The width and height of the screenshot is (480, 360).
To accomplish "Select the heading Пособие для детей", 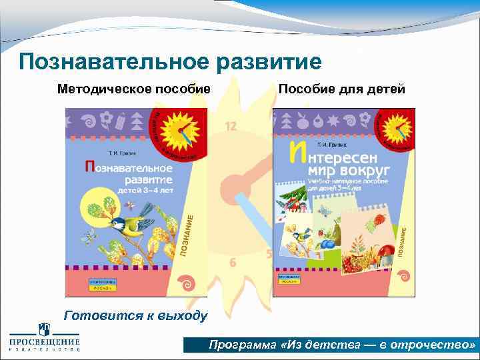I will point(341,89).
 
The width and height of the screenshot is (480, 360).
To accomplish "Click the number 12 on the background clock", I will point(231,125).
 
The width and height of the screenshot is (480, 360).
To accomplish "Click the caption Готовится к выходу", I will point(135,315).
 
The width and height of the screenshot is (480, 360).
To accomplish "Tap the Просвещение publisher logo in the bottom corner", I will point(44,339).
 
